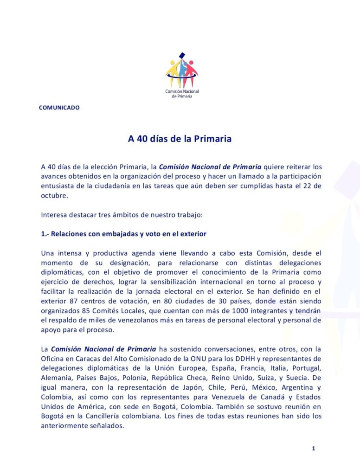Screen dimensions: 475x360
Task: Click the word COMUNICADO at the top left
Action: tap(59, 108)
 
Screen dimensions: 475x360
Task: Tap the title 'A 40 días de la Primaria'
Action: tap(180, 139)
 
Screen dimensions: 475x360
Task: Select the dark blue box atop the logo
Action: tap(182, 55)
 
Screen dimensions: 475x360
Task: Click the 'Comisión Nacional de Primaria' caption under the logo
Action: tap(182, 93)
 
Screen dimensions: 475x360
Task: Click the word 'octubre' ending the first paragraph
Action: tap(54, 196)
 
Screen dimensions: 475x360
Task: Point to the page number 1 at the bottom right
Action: tap(314, 448)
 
